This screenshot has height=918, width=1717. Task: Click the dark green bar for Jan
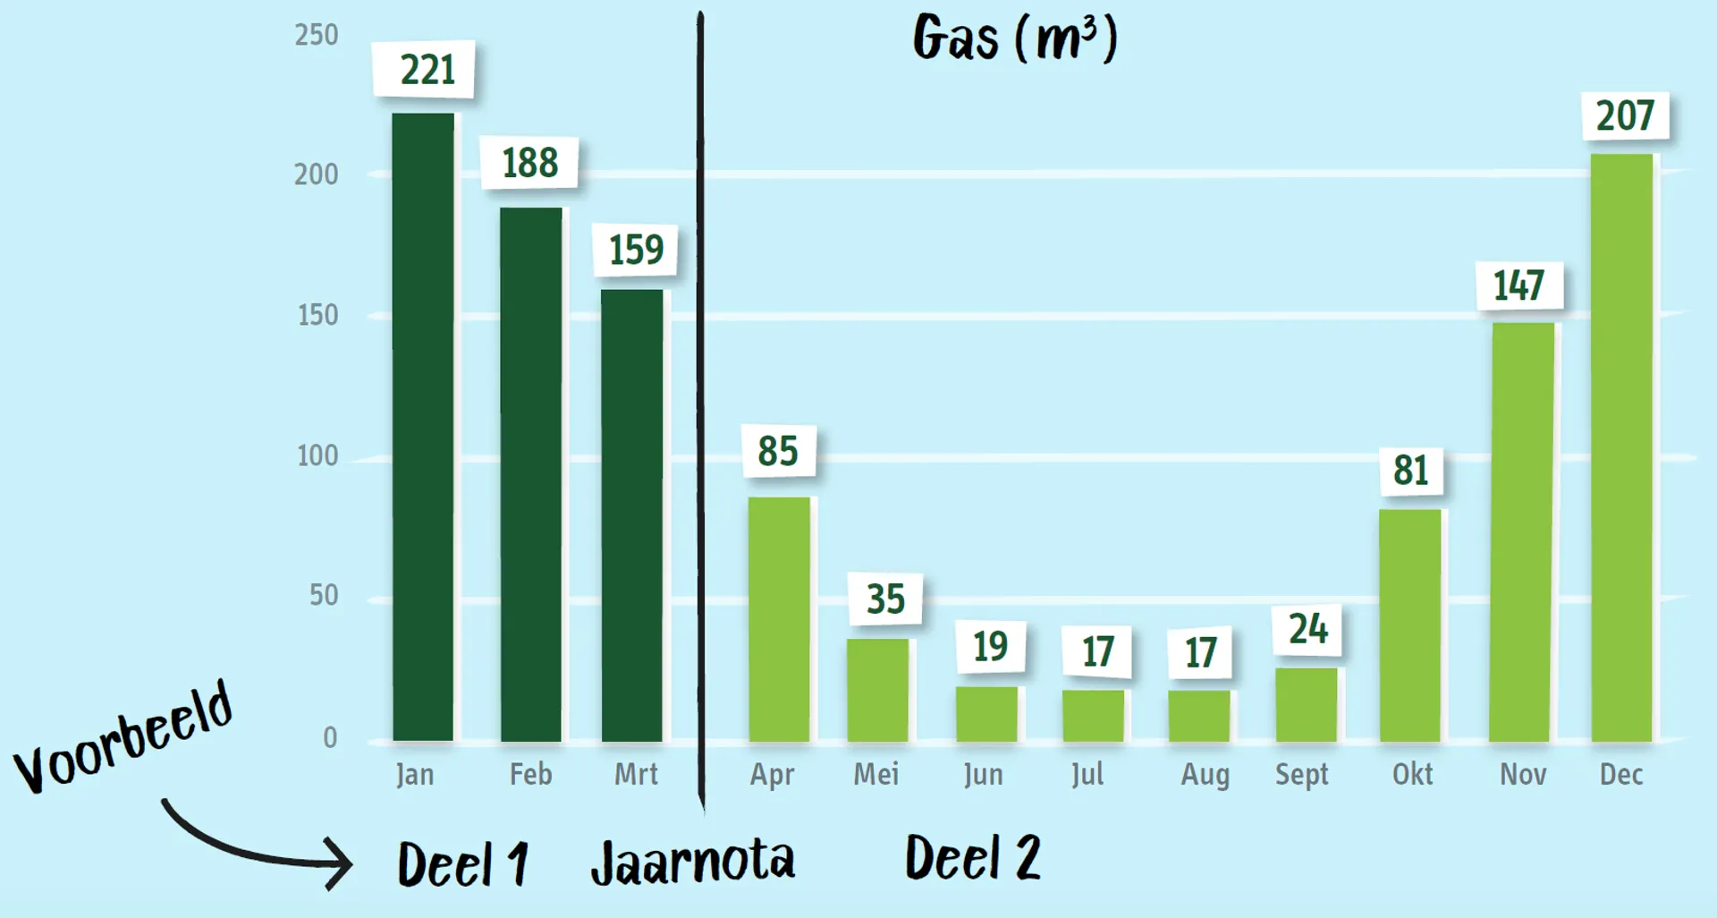tap(423, 427)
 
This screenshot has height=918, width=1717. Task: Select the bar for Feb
tap(531, 474)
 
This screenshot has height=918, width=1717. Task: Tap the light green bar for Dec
tap(1621, 447)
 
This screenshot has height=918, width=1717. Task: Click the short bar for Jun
tap(986, 714)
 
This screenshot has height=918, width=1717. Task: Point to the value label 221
tap(427, 70)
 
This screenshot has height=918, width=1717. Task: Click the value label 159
tap(636, 250)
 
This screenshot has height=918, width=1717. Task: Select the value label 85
tap(777, 451)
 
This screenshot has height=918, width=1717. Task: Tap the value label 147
tap(1518, 285)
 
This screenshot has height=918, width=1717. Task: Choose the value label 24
tap(1307, 629)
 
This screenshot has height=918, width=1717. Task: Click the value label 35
tap(885, 599)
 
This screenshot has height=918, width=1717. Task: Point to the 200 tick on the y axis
tap(317, 174)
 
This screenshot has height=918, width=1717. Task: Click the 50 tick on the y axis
tap(324, 596)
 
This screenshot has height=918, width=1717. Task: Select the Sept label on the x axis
tap(1301, 775)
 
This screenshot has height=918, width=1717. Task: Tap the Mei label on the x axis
tap(875, 775)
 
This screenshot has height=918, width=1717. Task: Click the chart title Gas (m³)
tap(1015, 39)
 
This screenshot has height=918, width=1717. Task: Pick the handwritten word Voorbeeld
tap(123, 738)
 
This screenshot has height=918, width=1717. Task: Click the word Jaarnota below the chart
tap(692, 862)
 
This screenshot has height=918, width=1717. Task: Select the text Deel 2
tap(973, 857)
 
